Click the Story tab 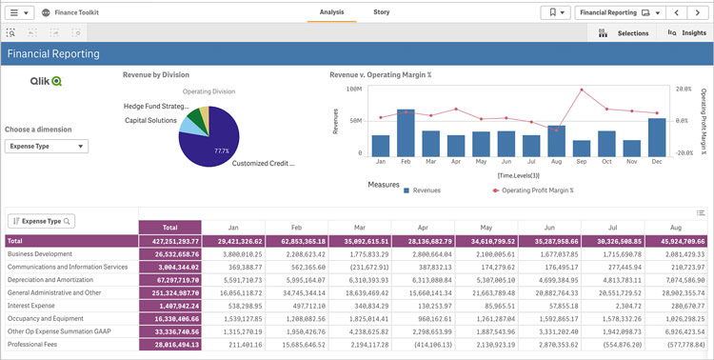(381, 12)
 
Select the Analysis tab (331, 12)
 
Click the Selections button (625, 33)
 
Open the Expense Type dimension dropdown (47, 147)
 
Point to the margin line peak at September (581, 90)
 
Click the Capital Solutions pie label (150, 121)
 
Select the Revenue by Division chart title (156, 74)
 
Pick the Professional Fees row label (33, 343)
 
